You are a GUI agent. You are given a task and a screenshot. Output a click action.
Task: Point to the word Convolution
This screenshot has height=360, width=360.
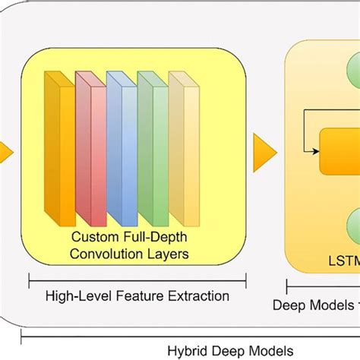tap(125, 254)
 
